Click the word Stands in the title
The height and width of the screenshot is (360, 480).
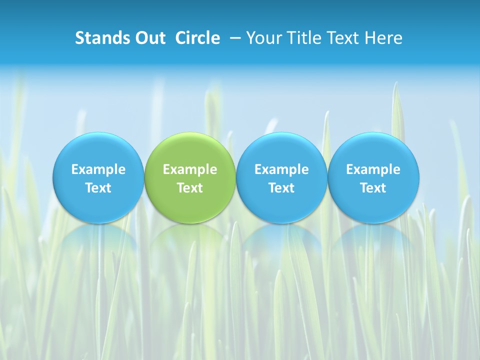pos(101,38)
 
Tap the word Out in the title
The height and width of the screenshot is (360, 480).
pos(149,38)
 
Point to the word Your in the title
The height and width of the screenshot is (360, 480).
pos(262,38)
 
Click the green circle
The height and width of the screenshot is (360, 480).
pos(190,150)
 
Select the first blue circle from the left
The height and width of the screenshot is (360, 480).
pos(98,150)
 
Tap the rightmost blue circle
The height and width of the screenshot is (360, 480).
pos(373,150)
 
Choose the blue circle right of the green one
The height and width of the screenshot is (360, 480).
pos(281,150)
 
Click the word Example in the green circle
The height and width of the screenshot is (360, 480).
pos(190,169)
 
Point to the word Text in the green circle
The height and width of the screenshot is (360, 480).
pos(190,188)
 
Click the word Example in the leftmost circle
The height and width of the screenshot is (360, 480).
pos(98,169)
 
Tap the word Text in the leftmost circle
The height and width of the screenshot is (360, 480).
pos(98,188)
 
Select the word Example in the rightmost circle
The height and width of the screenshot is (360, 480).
pos(373,169)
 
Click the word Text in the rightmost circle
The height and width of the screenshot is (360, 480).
pos(373,188)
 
